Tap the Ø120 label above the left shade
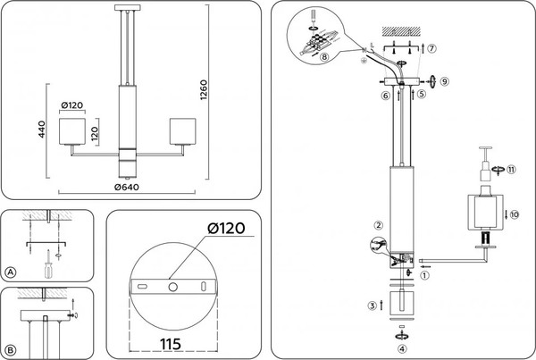(x=73, y=106)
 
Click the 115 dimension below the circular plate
(x=174, y=341)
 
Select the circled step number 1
(x=424, y=276)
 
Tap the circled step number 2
(x=379, y=225)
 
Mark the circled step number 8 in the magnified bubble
(x=324, y=57)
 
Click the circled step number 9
(x=445, y=80)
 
